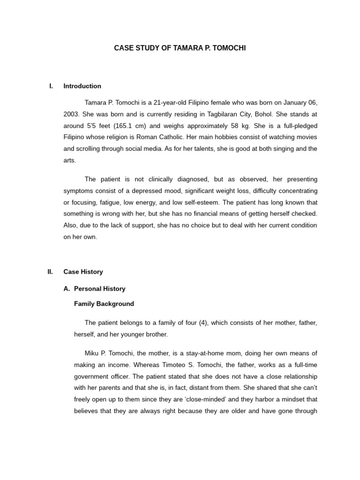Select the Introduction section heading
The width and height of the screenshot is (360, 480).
[x=82, y=86]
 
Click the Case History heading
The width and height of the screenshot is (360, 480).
[x=83, y=272]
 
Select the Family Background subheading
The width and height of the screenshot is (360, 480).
[x=104, y=304]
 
